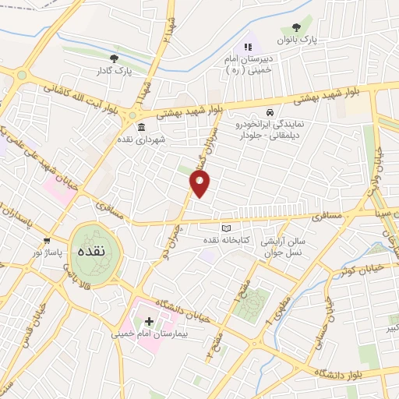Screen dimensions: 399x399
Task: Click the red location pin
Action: coord(200,184)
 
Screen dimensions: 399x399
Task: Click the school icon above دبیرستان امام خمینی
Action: coord(249,48)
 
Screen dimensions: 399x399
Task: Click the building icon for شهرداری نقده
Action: coord(141,127)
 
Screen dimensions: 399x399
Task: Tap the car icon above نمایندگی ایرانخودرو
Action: coord(270,112)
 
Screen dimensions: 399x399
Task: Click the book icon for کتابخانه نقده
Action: coord(227,228)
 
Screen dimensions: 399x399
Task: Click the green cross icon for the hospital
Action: coord(149,321)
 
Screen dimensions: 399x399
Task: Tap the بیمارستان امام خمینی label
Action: coord(169,334)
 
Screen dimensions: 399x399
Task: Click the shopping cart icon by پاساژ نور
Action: coord(48,240)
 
